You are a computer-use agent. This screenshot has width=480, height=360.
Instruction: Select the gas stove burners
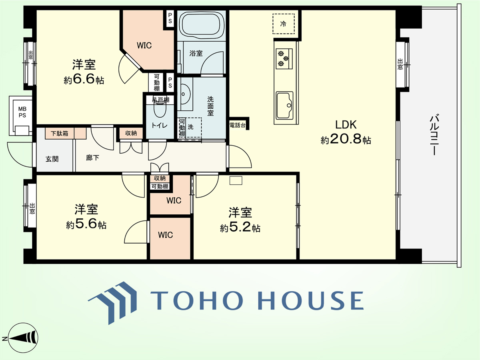tap(284, 58)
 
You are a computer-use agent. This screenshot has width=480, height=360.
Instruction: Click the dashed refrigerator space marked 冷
tap(284, 24)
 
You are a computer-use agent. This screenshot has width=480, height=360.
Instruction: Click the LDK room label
tap(346, 124)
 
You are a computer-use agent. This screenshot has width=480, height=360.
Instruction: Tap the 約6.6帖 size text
tap(84, 79)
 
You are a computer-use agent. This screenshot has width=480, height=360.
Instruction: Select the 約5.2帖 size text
tap(240, 228)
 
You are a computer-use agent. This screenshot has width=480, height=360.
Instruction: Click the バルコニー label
tap(434, 134)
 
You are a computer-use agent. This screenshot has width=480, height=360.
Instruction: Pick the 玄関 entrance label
tap(52, 159)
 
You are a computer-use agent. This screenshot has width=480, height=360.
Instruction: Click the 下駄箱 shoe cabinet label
tap(60, 133)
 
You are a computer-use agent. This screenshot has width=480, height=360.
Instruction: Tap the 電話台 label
tap(238, 126)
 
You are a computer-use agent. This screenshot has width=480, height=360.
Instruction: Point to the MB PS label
tap(22, 112)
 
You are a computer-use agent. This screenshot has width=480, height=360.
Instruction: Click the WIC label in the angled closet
tap(144, 46)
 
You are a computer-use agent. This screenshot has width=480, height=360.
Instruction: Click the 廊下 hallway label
tap(92, 158)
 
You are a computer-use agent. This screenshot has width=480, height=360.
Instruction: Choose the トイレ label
tap(159, 126)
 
